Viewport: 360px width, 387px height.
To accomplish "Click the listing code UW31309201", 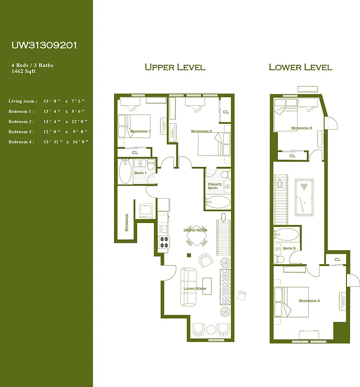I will pyautogui.click(x=44, y=45).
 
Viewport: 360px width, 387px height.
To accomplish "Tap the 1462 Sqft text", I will pyautogui.click(x=24, y=71).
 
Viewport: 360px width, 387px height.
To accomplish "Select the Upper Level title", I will pyautogui.click(x=174, y=67).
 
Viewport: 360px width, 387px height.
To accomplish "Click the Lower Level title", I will pyautogui.click(x=300, y=67).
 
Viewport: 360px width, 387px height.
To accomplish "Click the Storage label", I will pyautogui.click(x=127, y=223).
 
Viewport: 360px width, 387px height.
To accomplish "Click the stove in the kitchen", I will pyautogui.click(x=164, y=241).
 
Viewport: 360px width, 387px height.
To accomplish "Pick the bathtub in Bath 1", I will pyautogui.click(x=125, y=172).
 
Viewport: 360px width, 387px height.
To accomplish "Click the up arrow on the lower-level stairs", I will pyautogui.click(x=279, y=184).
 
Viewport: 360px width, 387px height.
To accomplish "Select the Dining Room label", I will pyautogui.click(x=195, y=230).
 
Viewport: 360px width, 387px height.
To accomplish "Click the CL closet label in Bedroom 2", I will pyautogui.click(x=226, y=112).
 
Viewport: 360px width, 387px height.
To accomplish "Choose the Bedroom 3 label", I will pyautogui.click(x=301, y=128).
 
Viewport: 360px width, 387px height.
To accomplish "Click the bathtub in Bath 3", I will pyautogui.click(x=287, y=236).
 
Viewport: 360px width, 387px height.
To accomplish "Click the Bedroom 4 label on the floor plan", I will pyautogui.click(x=309, y=301).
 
